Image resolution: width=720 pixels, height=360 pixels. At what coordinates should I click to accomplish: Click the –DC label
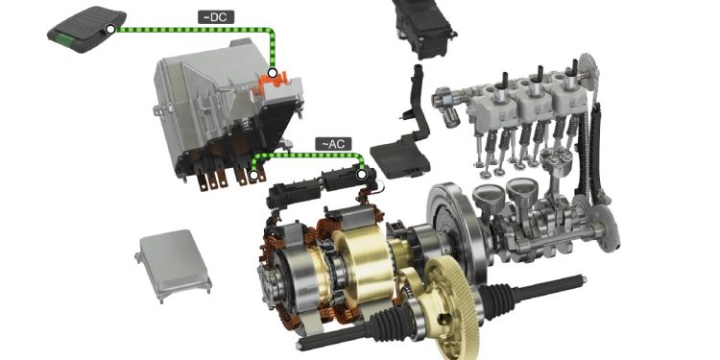216,17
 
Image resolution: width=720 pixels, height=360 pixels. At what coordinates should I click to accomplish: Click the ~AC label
333,144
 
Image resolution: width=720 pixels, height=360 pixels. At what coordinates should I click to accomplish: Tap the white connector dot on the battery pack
110,30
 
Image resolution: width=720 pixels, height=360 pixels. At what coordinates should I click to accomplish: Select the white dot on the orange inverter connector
273,73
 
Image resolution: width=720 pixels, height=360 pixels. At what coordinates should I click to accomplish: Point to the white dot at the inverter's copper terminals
253,175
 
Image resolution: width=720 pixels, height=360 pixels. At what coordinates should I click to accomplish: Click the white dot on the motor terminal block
362,175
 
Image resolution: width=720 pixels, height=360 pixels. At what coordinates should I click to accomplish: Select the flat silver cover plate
173,265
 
